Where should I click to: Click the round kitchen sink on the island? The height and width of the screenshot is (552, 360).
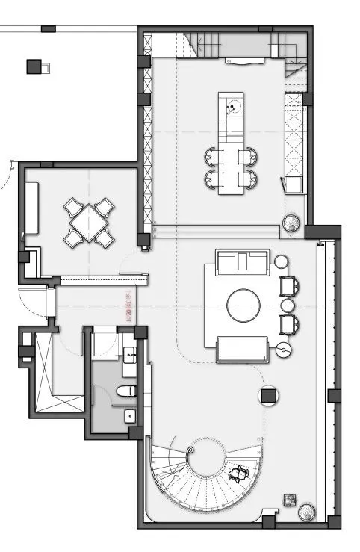[233, 107]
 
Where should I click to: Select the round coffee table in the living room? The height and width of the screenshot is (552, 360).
[243, 305]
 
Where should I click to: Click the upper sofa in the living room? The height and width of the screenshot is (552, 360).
[242, 261]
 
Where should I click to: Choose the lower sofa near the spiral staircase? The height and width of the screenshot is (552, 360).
[242, 349]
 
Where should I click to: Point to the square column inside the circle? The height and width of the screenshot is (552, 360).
[269, 395]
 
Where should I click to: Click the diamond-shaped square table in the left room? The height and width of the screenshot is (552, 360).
[89, 222]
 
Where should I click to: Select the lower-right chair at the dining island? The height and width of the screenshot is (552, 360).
[249, 178]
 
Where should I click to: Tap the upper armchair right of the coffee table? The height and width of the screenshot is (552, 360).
[288, 285]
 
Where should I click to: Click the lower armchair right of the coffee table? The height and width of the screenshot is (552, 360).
[288, 324]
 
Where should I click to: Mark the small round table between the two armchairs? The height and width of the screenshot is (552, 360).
[287, 305]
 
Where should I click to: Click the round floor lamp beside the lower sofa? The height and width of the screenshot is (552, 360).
[282, 348]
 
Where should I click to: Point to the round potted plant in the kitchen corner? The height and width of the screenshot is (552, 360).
[291, 222]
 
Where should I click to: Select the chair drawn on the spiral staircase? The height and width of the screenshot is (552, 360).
[239, 474]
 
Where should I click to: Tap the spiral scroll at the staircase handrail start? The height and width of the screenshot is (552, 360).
[193, 452]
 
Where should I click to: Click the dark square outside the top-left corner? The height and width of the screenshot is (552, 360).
[34, 66]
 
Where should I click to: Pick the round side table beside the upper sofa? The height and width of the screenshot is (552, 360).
[281, 261]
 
